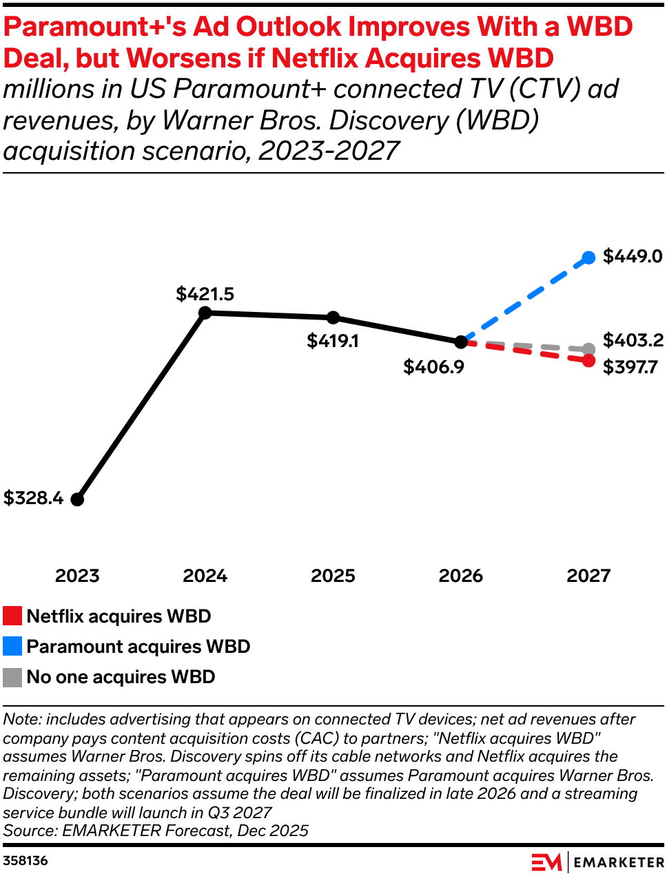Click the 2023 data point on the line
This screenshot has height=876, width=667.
coord(77,499)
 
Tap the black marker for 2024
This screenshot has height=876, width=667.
coord(205,313)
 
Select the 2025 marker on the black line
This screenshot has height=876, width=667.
coord(333,317)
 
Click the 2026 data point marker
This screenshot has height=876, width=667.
coord(460,342)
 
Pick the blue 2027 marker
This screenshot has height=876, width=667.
coord(588,258)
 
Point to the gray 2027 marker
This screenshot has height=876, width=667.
coord(588,349)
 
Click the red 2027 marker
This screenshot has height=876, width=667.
coord(588,360)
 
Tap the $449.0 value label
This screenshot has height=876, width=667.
coord(632,256)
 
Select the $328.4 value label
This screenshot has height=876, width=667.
coord(33,498)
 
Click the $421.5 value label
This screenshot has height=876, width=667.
coord(205,294)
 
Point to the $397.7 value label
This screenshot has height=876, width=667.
coord(630,367)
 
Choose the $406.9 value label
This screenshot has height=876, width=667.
coord(433,367)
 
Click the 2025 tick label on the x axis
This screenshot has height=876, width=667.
coord(333,576)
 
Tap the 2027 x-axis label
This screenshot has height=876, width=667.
coord(588,576)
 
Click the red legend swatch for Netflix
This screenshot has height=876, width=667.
coord(12,616)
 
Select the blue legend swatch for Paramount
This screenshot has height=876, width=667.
coord(12,647)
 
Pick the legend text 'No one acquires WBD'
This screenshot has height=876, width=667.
coord(121,677)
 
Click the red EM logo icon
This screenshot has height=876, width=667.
coord(546,862)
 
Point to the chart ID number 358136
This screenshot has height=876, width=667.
coord(25,861)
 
